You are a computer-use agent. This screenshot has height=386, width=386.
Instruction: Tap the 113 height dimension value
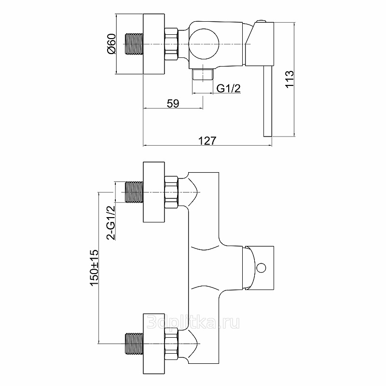point(289,79)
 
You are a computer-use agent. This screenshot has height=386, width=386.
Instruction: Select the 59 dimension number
point(173,104)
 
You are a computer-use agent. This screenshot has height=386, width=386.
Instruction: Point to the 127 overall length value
point(207,141)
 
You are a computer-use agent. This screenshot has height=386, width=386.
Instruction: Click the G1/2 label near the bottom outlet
point(228,88)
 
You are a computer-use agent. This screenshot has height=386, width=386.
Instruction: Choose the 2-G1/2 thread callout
point(111,222)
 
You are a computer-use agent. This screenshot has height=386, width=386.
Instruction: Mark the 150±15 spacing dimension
point(94,268)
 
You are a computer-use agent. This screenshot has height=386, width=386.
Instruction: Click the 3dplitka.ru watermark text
point(193,322)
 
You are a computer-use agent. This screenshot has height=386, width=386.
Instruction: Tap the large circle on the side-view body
point(204,44)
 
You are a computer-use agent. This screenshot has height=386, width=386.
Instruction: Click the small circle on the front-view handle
point(261,268)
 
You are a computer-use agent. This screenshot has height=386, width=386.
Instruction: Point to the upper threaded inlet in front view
point(134,192)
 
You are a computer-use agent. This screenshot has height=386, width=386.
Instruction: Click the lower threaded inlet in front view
point(134,344)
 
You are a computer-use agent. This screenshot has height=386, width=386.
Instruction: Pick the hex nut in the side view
point(171,44)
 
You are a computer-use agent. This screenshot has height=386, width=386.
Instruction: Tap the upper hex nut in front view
point(171,192)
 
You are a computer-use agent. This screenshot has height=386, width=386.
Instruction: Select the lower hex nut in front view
point(171,344)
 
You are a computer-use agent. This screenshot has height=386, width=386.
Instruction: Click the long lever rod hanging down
point(268,101)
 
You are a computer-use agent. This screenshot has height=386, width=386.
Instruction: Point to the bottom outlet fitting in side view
point(203,74)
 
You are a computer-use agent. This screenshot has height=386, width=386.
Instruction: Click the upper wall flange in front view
point(154,192)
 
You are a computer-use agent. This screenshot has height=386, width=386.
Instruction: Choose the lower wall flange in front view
point(154,344)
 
